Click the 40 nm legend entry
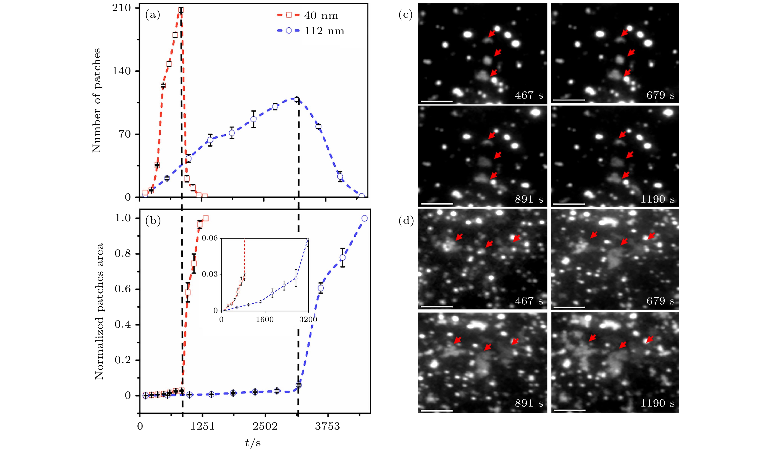click(x=321, y=16)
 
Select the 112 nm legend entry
click(x=324, y=31)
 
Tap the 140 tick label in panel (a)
click(x=121, y=71)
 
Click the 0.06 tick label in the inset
click(x=210, y=238)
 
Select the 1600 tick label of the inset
click(x=265, y=320)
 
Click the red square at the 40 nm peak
click(x=181, y=10)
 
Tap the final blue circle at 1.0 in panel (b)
click(x=364, y=218)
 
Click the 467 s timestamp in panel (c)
click(x=529, y=95)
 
